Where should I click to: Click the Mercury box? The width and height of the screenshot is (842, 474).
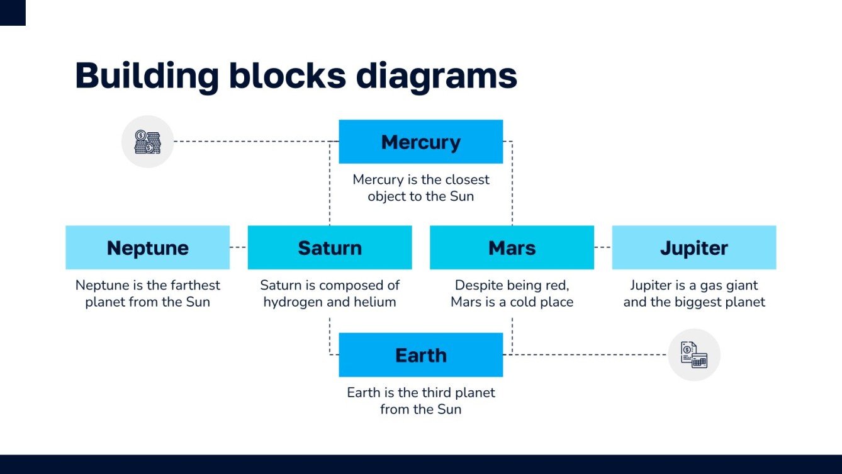420,142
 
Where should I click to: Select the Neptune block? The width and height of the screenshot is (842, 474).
147,247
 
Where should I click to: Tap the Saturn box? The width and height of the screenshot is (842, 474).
330,247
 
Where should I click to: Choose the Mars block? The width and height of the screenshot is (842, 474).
512,247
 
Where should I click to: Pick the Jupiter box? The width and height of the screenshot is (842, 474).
693,247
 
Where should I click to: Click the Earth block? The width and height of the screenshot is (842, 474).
420,355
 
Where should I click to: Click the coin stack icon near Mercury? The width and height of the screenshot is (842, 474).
147,142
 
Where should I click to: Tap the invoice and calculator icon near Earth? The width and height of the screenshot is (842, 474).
693,355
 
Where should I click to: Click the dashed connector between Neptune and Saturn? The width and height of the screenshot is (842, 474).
239,247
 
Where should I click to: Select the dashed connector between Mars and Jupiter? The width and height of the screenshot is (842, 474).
602,247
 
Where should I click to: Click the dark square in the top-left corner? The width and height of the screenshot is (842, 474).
13,13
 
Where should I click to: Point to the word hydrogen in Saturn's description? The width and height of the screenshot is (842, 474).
294,302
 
